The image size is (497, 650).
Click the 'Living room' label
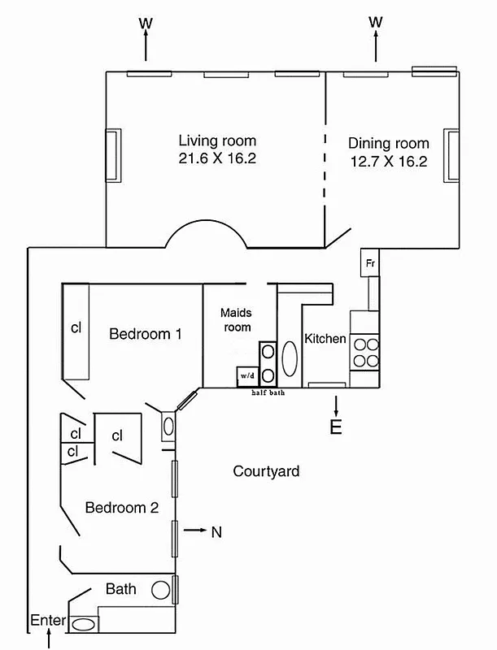[x=217, y=141]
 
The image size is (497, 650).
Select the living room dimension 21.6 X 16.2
[x=217, y=158]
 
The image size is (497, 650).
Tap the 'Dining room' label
[x=388, y=143]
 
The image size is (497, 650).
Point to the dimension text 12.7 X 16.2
[x=388, y=161]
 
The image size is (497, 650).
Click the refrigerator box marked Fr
[x=369, y=263]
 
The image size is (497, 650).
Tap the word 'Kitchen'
[x=325, y=339]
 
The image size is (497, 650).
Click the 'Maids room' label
[x=236, y=319]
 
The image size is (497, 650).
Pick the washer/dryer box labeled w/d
[x=246, y=376]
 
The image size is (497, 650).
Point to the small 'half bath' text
[x=268, y=392]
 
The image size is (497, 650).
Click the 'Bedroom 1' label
[x=146, y=333]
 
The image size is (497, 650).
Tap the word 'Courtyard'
[x=266, y=471]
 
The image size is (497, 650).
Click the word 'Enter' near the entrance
[x=47, y=620]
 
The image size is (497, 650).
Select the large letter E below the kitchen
[x=335, y=427]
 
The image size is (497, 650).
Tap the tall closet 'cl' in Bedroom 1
[x=76, y=329]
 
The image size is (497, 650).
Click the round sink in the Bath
[x=161, y=590]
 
